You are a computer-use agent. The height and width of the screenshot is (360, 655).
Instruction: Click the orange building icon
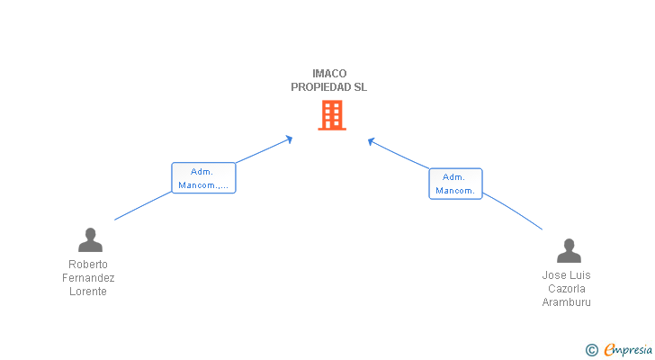point(331,115)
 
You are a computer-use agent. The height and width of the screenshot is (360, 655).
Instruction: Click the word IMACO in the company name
point(329,74)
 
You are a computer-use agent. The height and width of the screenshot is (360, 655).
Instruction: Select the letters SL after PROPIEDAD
point(360,87)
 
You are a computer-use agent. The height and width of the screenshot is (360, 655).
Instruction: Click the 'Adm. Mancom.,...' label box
point(203,178)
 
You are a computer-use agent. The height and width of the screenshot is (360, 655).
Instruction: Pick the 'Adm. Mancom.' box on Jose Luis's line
point(455,184)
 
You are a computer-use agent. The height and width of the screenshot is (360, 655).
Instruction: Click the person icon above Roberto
point(90,239)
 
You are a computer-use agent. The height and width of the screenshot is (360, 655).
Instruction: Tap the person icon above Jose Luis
point(569,250)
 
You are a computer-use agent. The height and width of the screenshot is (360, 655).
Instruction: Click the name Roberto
point(88,265)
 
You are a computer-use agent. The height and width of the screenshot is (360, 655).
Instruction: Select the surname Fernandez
point(88,278)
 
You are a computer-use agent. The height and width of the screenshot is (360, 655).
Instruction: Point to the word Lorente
point(88,292)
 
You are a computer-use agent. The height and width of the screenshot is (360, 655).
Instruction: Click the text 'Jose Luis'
point(567,275)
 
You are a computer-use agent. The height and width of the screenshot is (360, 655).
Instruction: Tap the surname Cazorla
point(567,289)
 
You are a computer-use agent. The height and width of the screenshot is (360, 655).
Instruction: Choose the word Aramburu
point(567,302)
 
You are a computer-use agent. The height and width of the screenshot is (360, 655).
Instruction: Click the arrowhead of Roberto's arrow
point(289,138)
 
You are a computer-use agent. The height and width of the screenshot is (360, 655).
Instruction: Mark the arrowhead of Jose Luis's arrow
point(371,140)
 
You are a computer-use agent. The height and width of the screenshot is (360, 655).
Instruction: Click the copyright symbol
point(591,349)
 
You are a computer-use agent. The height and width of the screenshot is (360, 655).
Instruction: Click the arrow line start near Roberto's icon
point(116,220)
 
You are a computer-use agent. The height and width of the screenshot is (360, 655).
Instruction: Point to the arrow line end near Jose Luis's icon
point(541,229)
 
